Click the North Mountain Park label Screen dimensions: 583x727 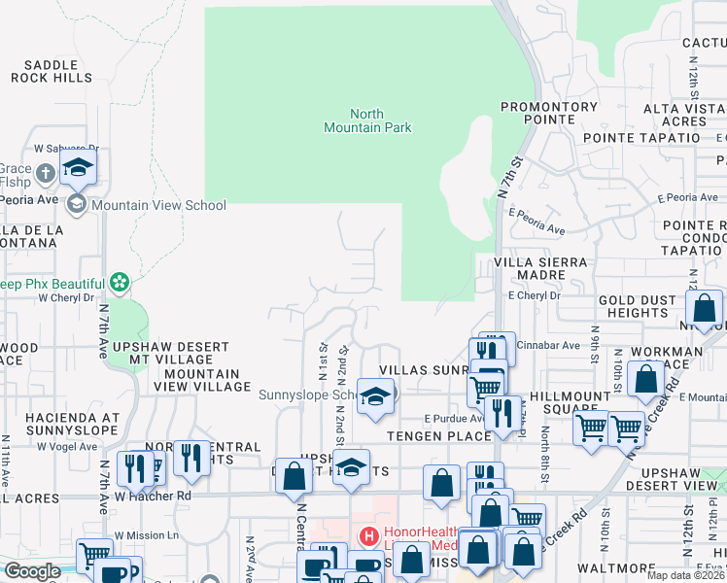click(x=367, y=120)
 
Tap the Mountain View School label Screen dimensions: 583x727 click(x=158, y=206)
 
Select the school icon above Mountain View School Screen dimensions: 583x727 click(x=79, y=167)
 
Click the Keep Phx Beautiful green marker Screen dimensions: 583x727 click(x=120, y=283)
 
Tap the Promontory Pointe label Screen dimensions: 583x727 click(x=549, y=114)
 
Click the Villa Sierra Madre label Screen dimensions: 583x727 click(x=540, y=269)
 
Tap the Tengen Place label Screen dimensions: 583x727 click(x=439, y=436)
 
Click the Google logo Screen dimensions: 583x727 click(x=32, y=571)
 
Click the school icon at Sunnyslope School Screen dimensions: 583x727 click(x=374, y=396)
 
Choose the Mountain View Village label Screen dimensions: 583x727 click(x=202, y=380)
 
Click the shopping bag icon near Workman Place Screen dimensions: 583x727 click(x=646, y=379)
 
